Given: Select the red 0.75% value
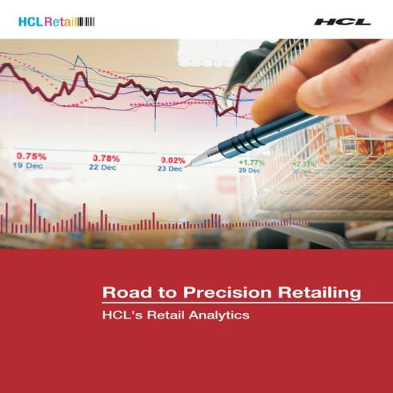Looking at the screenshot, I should point(31,156).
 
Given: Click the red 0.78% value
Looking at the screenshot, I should point(106,158).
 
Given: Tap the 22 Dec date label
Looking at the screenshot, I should point(102,168).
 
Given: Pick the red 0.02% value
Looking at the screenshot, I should point(173,160).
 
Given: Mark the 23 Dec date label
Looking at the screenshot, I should point(170,170).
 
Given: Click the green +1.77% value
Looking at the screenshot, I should point(251,162).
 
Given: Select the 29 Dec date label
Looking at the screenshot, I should point(249,170).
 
